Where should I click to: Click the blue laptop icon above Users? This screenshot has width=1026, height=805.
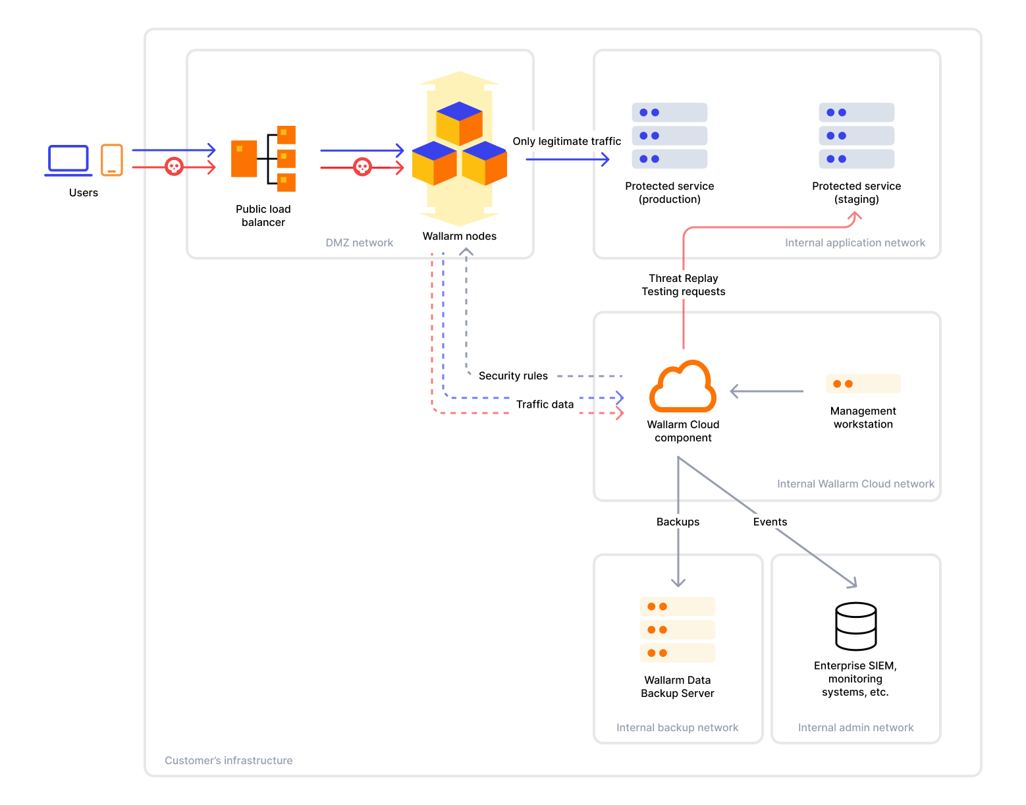pyautogui.click(x=68, y=160)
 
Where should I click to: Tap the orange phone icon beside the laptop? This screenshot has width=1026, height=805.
pyautogui.click(x=112, y=160)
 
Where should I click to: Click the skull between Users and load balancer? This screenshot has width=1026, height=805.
pyautogui.click(x=174, y=167)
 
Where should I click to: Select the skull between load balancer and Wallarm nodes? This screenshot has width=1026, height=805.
pyautogui.click(x=362, y=167)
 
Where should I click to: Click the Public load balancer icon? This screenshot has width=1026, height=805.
pyautogui.click(x=263, y=159)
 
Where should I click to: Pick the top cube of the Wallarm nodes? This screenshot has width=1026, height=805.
pyautogui.click(x=459, y=123)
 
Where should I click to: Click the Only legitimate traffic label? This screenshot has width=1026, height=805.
pyautogui.click(x=566, y=141)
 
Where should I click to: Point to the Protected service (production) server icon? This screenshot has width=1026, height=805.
pyautogui.click(x=669, y=136)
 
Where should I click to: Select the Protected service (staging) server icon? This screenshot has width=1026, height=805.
pyautogui.click(x=856, y=136)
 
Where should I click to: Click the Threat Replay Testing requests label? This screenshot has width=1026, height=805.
pyautogui.click(x=683, y=285)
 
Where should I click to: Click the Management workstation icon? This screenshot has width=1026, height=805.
pyautogui.click(x=863, y=384)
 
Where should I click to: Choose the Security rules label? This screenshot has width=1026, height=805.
pyautogui.click(x=513, y=375)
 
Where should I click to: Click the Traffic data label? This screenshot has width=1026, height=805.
pyautogui.click(x=545, y=404)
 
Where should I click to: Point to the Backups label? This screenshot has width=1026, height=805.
pyautogui.click(x=678, y=522)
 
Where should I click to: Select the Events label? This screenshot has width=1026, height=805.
pyautogui.click(x=770, y=522)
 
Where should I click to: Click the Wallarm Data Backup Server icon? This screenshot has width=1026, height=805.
pyautogui.click(x=677, y=630)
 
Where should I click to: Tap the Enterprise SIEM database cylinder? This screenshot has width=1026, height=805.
pyautogui.click(x=855, y=626)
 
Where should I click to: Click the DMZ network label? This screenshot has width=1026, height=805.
pyautogui.click(x=359, y=242)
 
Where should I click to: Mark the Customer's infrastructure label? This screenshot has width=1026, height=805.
pyautogui.click(x=229, y=760)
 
